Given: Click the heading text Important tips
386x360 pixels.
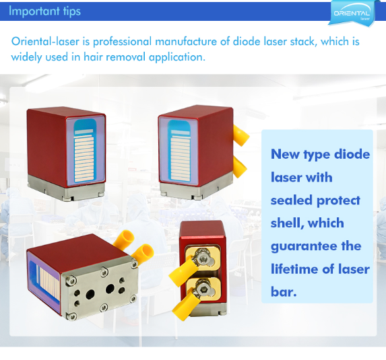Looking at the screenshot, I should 44,11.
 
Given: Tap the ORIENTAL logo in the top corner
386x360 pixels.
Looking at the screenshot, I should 351,12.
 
